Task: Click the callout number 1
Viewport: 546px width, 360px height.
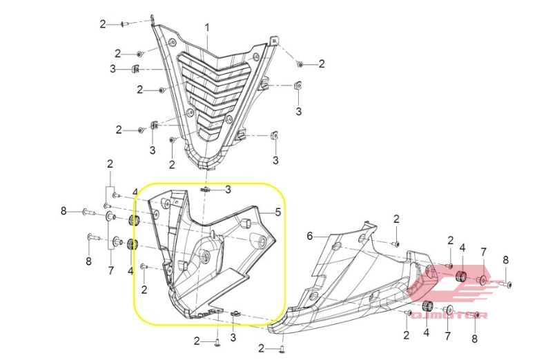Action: pos(207,28)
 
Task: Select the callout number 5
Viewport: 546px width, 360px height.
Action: pos(278,212)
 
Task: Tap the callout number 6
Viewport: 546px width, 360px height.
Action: pos(310,237)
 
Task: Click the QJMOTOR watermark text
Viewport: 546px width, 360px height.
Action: pos(449,315)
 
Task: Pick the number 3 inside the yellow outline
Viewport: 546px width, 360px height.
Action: pos(228,190)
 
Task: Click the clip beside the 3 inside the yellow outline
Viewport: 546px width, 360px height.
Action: pos(206,190)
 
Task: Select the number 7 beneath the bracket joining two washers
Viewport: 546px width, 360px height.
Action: pos(110,270)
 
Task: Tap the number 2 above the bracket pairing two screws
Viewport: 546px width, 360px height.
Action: pos(110,164)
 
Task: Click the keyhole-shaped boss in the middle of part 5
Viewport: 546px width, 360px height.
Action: pos(206,257)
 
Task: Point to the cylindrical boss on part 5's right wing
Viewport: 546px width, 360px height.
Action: pos(260,241)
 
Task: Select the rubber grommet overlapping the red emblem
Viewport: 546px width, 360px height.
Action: pos(462,276)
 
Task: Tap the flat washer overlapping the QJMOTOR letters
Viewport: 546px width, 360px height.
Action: pos(449,310)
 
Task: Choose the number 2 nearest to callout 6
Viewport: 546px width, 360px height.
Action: pos(396,219)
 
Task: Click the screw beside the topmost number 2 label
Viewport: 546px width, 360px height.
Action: pos(125,24)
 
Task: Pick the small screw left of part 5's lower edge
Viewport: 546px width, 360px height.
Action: pos(144,267)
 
